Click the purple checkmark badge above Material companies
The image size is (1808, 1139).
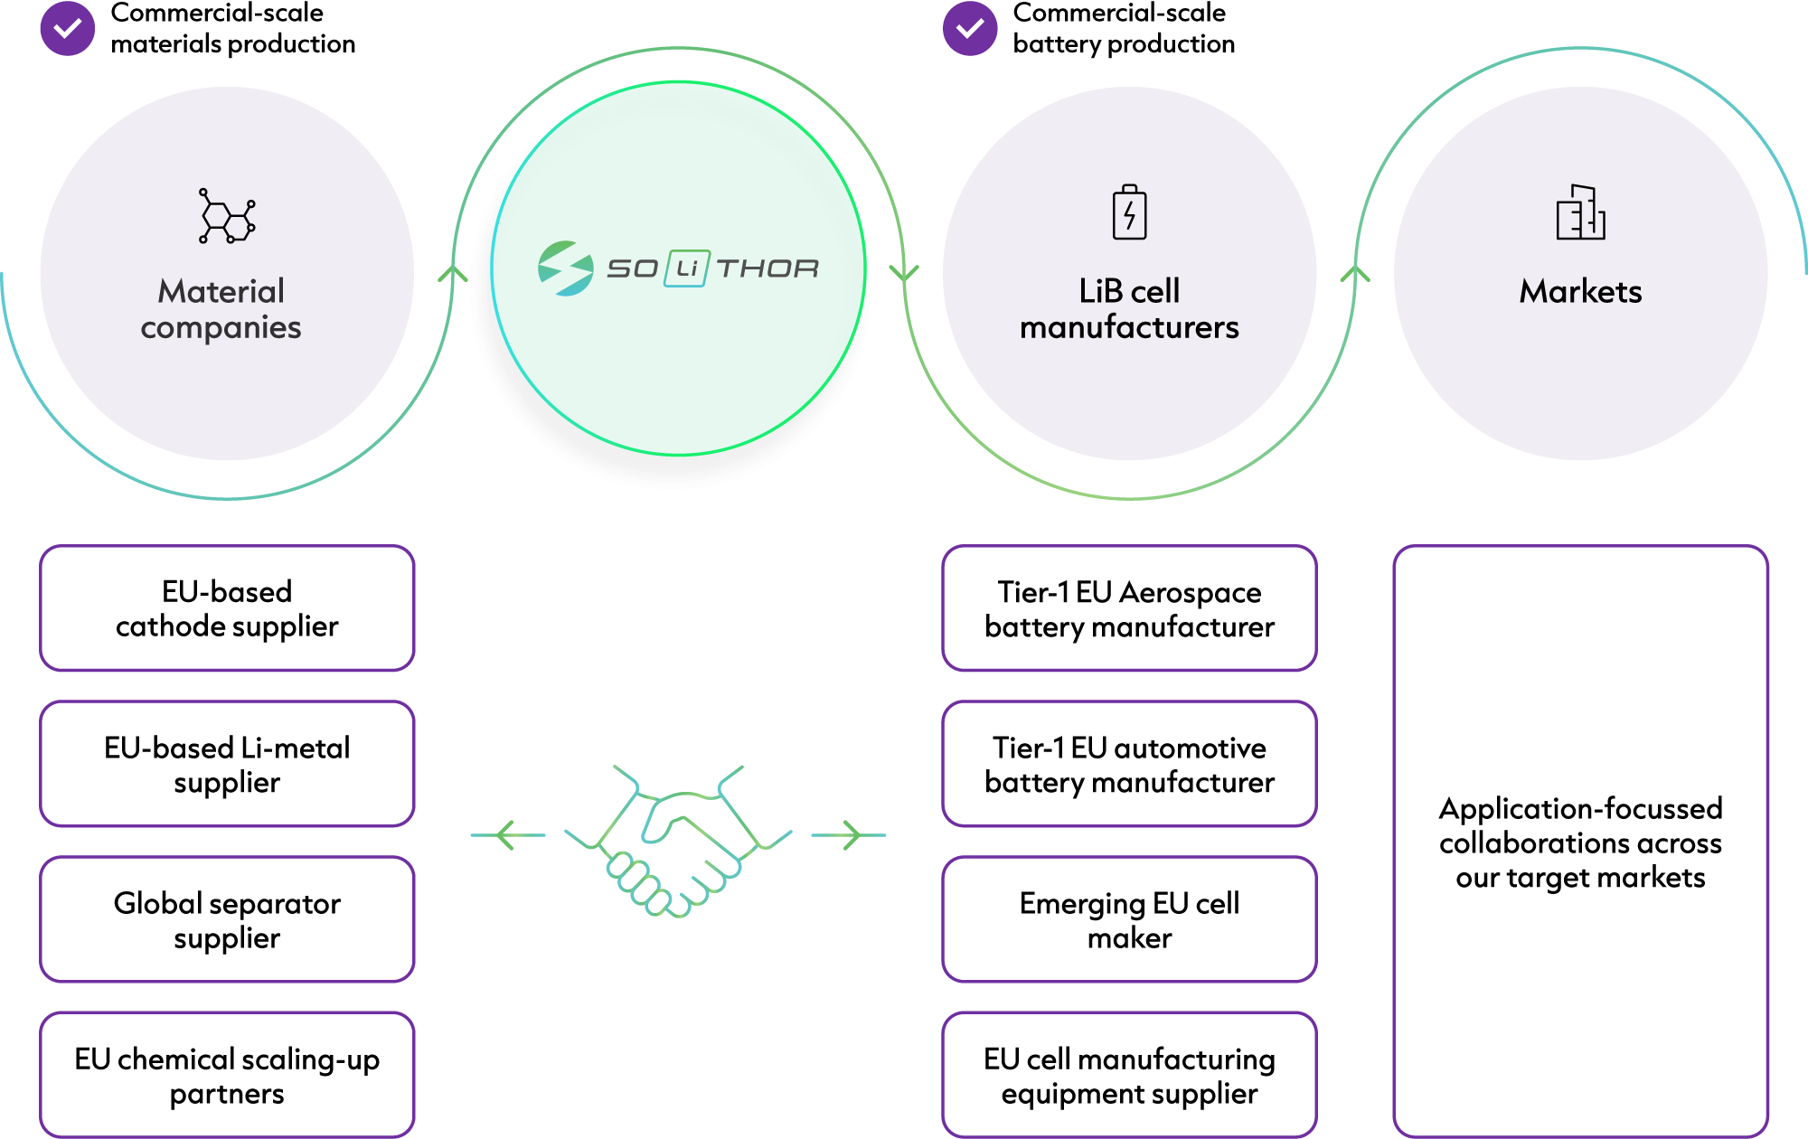click(68, 29)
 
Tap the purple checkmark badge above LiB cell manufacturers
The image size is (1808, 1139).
click(970, 29)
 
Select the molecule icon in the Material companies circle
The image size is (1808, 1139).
click(227, 216)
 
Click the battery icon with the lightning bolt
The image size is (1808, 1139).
click(1129, 212)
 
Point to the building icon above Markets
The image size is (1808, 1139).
click(1580, 212)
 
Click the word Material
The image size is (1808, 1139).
click(221, 291)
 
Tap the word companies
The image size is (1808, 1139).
click(221, 327)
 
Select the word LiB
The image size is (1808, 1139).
click(1100, 291)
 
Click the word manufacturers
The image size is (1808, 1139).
click(1129, 327)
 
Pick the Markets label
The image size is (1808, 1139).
click(1580, 291)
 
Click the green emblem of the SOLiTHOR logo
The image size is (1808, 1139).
click(565, 268)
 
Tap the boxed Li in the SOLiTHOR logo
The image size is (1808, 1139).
click(687, 268)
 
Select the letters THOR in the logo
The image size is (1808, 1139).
click(767, 268)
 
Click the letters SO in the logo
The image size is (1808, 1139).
click(633, 268)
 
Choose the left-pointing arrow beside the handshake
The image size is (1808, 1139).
click(508, 835)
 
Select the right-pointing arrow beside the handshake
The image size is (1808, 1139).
click(848, 835)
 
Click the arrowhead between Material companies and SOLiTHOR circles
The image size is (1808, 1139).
click(453, 273)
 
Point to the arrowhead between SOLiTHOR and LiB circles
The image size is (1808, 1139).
click(904, 273)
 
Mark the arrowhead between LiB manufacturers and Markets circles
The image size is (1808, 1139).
click(1354, 273)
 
